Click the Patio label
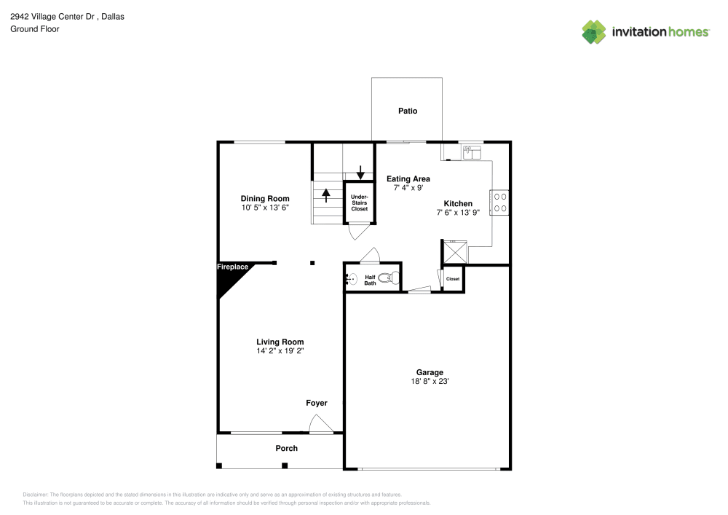408,111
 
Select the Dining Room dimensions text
265,208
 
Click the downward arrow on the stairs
360,173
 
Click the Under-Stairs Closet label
360,203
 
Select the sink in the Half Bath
351,278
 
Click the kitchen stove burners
500,202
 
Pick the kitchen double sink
472,152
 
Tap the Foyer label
316,404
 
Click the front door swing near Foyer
320,424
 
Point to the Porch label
286,449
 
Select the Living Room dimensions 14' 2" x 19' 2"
280,351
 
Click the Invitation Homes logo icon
594,31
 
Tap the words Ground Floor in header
35,29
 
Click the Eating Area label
408,178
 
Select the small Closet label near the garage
453,279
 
